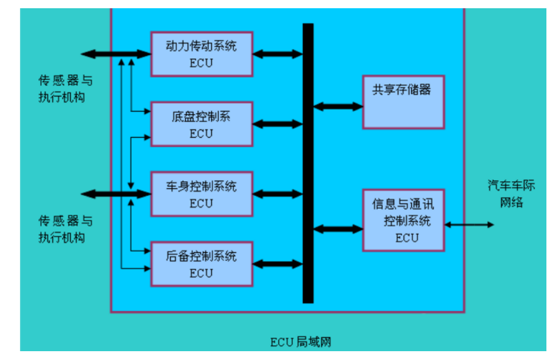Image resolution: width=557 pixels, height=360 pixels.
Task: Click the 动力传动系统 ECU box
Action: [x=202, y=54]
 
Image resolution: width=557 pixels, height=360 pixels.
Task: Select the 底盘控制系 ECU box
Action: [x=202, y=124]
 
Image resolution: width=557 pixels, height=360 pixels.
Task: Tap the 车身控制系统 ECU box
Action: [x=202, y=194]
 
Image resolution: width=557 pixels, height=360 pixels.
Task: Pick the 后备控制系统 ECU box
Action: [x=202, y=264]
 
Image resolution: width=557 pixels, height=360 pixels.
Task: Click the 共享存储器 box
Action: [x=403, y=102]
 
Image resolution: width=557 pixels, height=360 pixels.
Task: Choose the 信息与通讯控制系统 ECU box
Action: [x=403, y=221]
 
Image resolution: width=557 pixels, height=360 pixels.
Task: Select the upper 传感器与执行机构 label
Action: [x=65, y=89]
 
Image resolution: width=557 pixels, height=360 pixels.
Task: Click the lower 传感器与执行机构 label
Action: [x=65, y=229]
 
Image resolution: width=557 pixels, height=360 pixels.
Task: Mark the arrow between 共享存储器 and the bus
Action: [x=338, y=106]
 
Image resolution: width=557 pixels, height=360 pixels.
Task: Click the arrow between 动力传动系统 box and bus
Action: [x=278, y=54]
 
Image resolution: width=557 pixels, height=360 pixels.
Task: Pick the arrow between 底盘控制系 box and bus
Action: [x=278, y=124]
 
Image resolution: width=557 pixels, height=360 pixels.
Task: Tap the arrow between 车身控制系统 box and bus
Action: [x=278, y=194]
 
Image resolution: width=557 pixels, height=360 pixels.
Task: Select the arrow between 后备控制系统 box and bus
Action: [x=278, y=264]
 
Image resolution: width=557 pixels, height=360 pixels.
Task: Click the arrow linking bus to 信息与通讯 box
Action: [x=338, y=228]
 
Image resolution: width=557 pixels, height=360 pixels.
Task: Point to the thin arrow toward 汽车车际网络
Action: [x=469, y=224]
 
